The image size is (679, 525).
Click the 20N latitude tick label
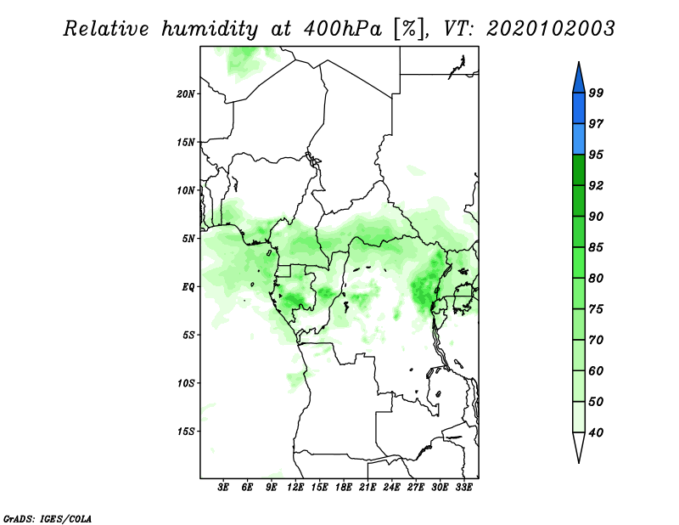tap(186, 94)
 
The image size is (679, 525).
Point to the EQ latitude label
tap(188, 287)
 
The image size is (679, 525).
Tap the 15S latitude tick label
tap(186, 432)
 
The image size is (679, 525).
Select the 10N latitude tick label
tap(186, 190)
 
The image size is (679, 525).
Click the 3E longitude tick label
tap(223, 487)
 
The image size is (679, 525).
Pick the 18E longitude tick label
tap(344, 487)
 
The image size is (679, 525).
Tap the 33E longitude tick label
tap(463, 487)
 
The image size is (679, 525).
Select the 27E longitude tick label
tap(416, 487)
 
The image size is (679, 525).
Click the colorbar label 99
tap(596, 93)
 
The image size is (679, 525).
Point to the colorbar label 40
tap(596, 432)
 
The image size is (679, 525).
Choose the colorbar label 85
tap(596, 247)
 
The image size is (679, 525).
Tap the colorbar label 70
tap(596, 340)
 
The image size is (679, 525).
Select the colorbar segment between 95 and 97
tap(579, 139)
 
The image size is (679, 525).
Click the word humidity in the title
tap(210, 29)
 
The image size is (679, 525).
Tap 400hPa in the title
tap(343, 29)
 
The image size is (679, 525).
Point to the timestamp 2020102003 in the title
tap(550, 29)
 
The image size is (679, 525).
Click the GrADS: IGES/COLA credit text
tap(48, 518)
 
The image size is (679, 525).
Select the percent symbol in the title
tap(409, 29)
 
